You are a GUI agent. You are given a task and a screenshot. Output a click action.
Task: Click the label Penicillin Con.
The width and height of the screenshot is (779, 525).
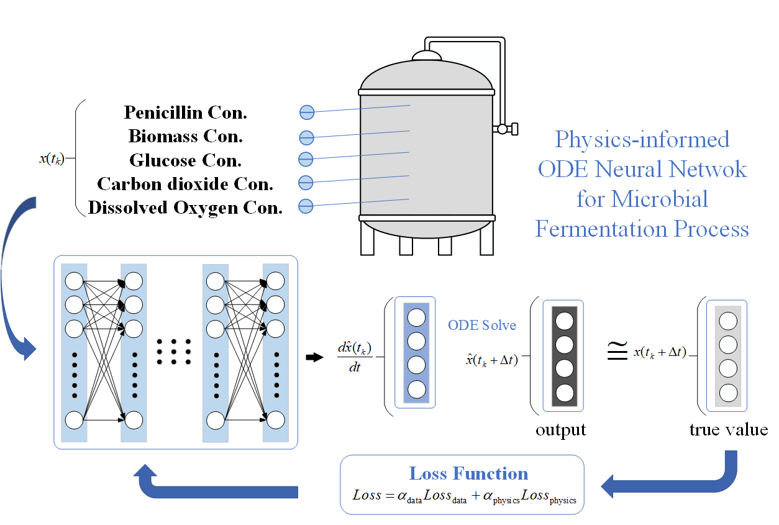186,112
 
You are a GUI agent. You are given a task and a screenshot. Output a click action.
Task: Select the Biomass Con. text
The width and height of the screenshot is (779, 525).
186,136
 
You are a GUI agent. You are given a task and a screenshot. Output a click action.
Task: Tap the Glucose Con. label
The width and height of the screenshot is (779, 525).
186,160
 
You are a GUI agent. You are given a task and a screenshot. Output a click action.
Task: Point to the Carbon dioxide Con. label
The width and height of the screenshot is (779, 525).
186,184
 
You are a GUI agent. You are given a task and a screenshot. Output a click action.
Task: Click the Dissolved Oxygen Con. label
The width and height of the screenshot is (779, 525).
186,208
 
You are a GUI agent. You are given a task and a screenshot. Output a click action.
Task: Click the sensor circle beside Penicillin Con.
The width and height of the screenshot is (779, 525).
307,112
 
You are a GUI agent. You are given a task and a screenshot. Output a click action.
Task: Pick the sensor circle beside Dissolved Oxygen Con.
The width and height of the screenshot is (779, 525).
306,206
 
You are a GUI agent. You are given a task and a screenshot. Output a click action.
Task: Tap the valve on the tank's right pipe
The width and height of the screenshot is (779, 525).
503,129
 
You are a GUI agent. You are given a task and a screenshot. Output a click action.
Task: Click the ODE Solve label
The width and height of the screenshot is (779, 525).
482,325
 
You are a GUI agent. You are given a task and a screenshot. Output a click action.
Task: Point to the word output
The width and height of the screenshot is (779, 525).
561,430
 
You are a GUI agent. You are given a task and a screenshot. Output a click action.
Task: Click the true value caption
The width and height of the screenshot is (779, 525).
728,430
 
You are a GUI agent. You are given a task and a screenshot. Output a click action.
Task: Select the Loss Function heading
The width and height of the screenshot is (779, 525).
468,474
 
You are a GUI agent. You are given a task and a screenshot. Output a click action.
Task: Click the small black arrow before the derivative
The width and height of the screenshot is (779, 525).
316,357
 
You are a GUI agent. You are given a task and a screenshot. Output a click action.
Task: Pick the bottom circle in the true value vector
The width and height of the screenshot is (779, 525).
728,393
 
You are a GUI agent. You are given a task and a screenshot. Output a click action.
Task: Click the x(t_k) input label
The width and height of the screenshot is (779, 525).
51,158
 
